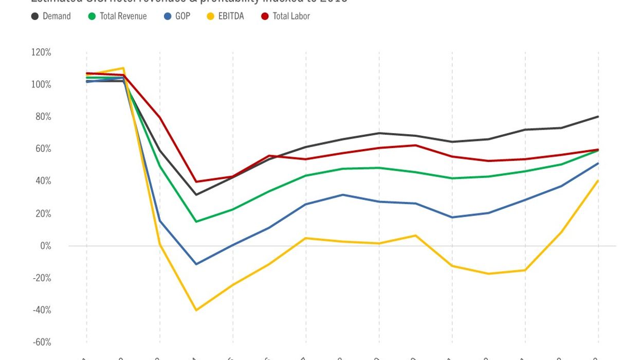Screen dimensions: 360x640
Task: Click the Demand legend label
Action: click(57, 16)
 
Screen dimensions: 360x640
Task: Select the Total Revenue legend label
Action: click(123, 16)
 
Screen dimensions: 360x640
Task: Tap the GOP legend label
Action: click(182, 16)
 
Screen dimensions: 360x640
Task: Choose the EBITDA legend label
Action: click(231, 16)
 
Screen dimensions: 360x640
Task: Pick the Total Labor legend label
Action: click(291, 16)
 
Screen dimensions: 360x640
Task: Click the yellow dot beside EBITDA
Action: click(209, 16)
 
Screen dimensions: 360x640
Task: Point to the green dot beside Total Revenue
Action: click(92, 16)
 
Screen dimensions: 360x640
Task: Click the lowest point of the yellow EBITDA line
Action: click(196, 310)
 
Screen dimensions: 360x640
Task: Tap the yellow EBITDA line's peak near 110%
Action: click(123, 68)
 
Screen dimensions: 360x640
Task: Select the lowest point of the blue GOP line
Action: click(196, 264)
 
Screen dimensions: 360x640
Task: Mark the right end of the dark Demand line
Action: click(598, 117)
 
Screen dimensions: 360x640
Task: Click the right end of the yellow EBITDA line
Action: click(598, 181)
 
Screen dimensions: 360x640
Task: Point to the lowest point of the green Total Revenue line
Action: click(196, 222)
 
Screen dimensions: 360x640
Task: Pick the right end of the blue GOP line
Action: click(598, 163)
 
